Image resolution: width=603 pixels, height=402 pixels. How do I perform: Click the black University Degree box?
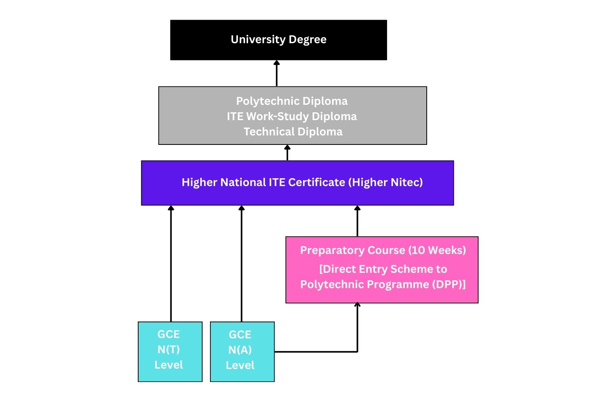pyautogui.click(x=278, y=40)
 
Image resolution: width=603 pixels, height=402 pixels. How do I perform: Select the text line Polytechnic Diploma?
pyautogui.click(x=292, y=101)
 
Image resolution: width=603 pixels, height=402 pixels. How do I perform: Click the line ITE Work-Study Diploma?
pyautogui.click(x=292, y=117)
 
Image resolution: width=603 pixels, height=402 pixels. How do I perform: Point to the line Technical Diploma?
pyautogui.click(x=293, y=132)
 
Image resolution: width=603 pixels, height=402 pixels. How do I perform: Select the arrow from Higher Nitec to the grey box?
pyautogui.click(x=287, y=153)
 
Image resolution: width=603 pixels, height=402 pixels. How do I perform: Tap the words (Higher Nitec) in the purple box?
pyautogui.click(x=386, y=183)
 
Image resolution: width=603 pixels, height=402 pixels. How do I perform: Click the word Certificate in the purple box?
pyautogui.click(x=316, y=183)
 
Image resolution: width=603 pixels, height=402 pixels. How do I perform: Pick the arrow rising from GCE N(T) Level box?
pyautogui.click(x=171, y=263)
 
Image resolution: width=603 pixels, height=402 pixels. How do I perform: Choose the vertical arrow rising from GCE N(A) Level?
pyautogui.click(x=241, y=263)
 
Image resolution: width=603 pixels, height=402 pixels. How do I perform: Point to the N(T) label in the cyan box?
pyautogui.click(x=169, y=349)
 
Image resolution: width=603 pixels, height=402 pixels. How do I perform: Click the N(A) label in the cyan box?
pyautogui.click(x=240, y=350)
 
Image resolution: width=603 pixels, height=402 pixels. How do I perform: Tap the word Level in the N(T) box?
pyautogui.click(x=169, y=365)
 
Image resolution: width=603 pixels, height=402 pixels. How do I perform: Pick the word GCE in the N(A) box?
pyautogui.click(x=240, y=334)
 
